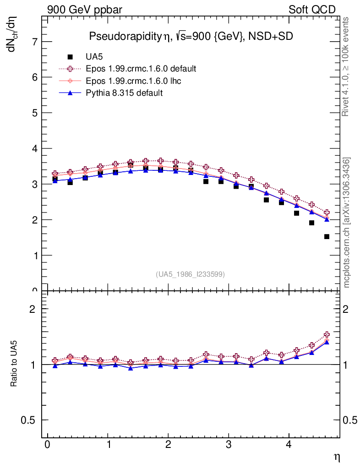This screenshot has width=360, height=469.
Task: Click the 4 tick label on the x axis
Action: (x=289, y=446)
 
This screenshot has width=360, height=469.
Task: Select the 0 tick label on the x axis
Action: (x=47, y=446)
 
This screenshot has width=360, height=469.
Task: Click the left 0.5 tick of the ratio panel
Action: (x=29, y=420)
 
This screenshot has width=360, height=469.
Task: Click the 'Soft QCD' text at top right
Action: (x=311, y=10)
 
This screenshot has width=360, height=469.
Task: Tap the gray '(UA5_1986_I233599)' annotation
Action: (x=190, y=274)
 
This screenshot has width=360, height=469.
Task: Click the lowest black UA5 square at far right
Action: (x=327, y=237)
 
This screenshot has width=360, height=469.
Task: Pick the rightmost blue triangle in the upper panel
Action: (x=327, y=219)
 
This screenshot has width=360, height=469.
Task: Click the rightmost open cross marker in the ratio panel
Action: (x=327, y=335)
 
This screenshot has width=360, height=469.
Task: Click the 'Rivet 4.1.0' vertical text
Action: (x=346, y=66)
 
